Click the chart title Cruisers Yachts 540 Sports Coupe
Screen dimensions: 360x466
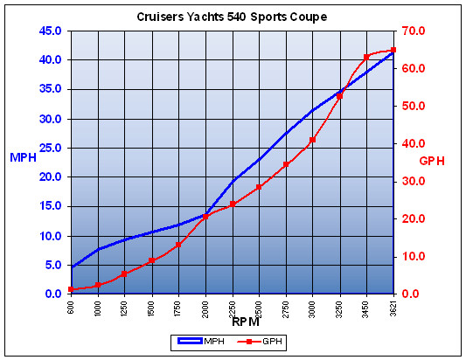point(232,17)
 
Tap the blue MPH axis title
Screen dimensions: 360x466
point(22,158)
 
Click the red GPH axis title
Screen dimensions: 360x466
point(432,162)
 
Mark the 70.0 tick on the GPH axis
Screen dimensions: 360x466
point(413,31)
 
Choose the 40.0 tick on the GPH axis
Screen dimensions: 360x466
point(413,143)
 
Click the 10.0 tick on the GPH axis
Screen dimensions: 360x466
point(413,256)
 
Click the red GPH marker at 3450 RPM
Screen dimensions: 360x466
point(366,58)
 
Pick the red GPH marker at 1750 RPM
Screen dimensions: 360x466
point(178,245)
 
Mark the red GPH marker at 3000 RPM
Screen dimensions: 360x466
point(313,140)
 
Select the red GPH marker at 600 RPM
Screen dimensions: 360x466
point(71,289)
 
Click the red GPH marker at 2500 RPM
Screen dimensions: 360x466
point(259,187)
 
